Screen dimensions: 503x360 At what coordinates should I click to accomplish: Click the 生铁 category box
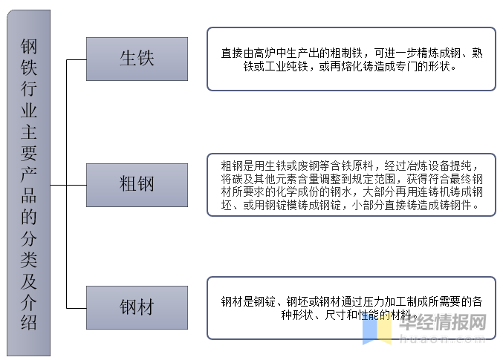click(137, 59)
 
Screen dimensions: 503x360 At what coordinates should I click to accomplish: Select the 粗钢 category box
click(137, 183)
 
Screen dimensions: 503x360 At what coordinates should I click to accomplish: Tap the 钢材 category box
click(137, 307)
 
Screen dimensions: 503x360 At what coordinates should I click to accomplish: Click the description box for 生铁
click(351, 59)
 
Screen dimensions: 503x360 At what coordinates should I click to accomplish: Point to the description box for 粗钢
click(351, 184)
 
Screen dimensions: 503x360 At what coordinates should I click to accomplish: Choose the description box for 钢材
click(351, 308)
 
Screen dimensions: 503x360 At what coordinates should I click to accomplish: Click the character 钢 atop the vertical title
click(29, 50)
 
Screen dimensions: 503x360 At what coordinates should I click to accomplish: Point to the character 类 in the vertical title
click(29, 260)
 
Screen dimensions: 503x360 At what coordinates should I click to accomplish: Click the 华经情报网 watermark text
click(442, 324)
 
